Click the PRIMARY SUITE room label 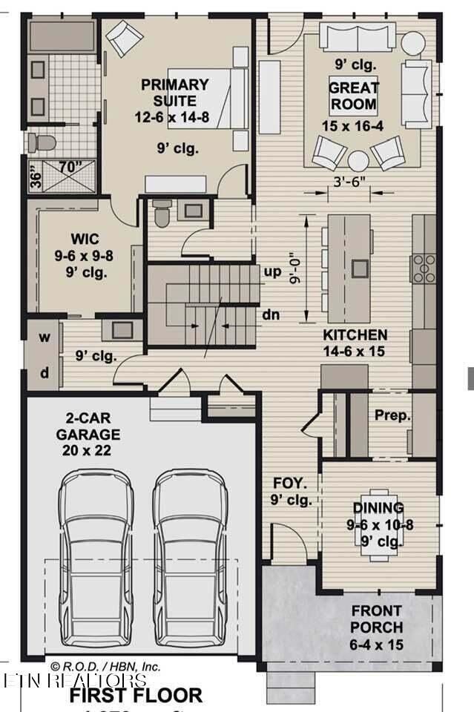point(169,93)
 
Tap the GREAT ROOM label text point(354,96)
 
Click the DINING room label point(378,508)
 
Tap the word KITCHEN point(354,334)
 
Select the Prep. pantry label point(392,415)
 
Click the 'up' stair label point(273,271)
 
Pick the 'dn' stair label point(271,314)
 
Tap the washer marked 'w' point(45,337)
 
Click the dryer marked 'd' point(45,373)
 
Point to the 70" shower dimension point(70,167)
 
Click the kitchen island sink point(361,268)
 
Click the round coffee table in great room point(358,161)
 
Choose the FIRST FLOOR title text point(136,695)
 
